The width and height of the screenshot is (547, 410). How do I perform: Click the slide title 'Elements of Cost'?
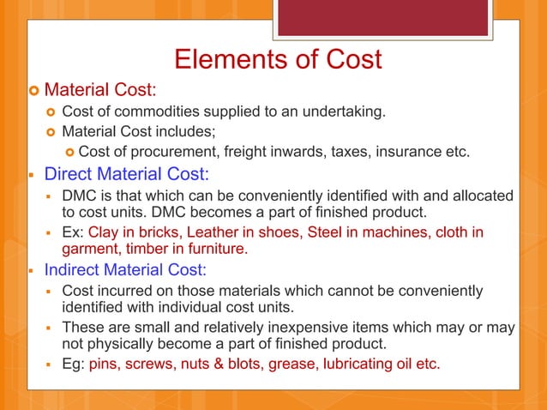point(277,61)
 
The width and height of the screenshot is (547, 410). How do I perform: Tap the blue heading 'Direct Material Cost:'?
point(126,174)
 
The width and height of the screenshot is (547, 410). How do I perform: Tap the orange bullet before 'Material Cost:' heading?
point(33,90)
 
